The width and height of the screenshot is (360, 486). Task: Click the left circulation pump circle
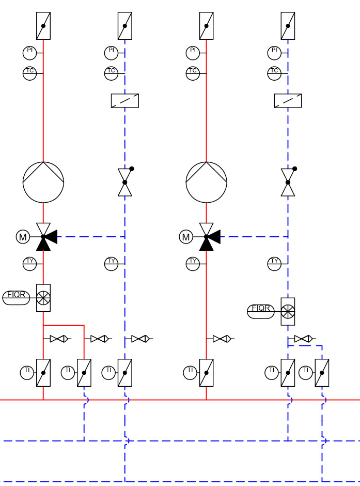(43, 182)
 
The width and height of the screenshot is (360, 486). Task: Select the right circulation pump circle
(207, 182)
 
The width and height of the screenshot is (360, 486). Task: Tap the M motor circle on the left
(23, 237)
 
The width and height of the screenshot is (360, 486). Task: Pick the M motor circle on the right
(186, 237)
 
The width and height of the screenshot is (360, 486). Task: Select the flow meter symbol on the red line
(43, 298)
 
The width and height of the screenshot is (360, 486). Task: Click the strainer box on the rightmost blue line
(288, 101)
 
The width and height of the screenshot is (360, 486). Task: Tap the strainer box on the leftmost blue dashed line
(125, 101)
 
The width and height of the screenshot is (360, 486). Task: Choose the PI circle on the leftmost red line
(29, 53)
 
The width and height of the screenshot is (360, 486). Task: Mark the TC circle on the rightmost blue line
(274, 73)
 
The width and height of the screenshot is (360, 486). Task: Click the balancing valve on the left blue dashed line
(125, 182)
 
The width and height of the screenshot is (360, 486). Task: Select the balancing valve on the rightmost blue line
(288, 182)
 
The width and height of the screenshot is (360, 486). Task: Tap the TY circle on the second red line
(193, 264)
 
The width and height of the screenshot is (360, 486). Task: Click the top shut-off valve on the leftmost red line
(43, 26)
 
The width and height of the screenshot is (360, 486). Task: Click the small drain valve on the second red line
(221, 339)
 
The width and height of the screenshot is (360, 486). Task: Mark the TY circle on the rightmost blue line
(274, 264)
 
